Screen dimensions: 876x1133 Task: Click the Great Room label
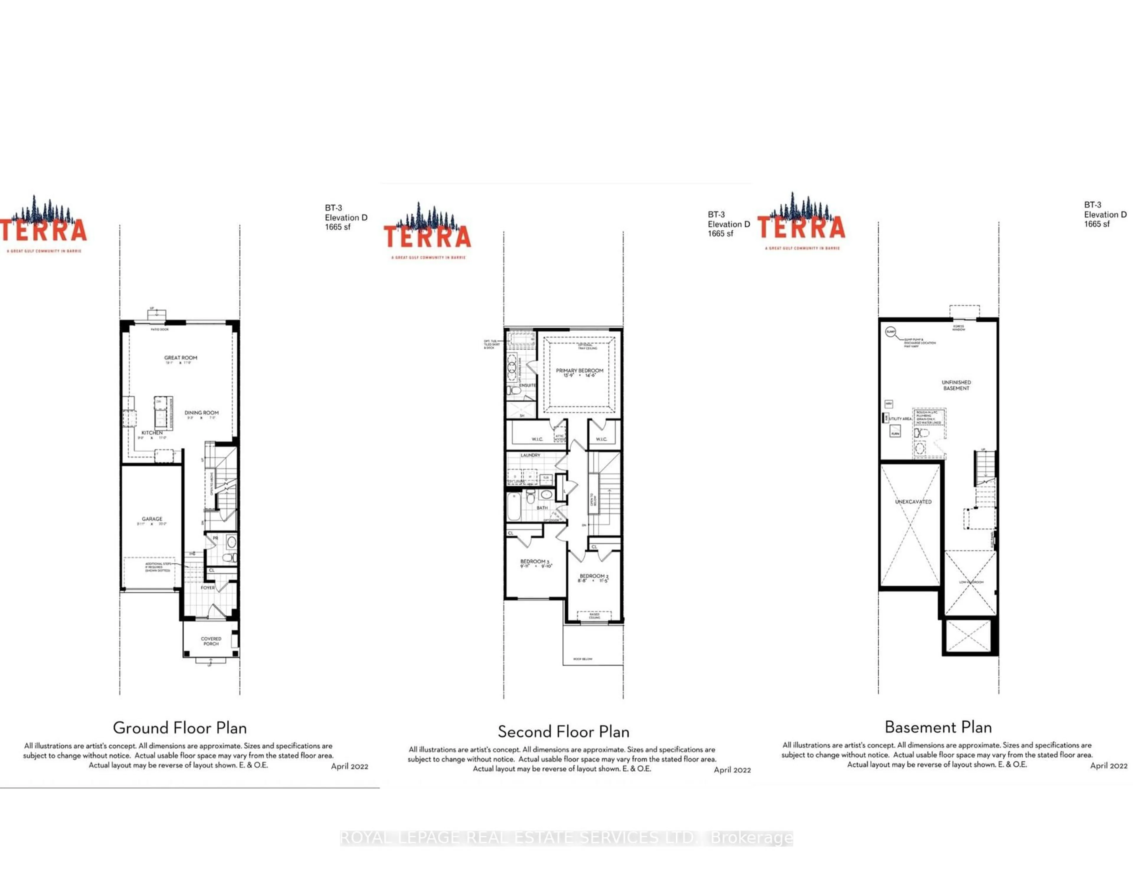181,358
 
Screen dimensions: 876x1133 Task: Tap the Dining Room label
201,413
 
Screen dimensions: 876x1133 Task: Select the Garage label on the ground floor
152,519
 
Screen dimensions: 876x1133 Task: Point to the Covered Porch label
211,641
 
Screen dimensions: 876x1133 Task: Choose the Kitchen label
152,433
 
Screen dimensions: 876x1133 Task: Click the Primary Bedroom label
579,371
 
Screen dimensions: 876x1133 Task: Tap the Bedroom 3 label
534,561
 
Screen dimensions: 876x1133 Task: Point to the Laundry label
530,455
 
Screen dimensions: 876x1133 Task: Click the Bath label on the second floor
542,508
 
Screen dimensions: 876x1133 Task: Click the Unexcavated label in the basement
913,501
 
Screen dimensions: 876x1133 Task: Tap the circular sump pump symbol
890,332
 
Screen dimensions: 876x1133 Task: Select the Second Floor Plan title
563,732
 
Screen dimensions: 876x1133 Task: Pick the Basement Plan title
938,727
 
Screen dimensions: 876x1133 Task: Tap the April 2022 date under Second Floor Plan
732,770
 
